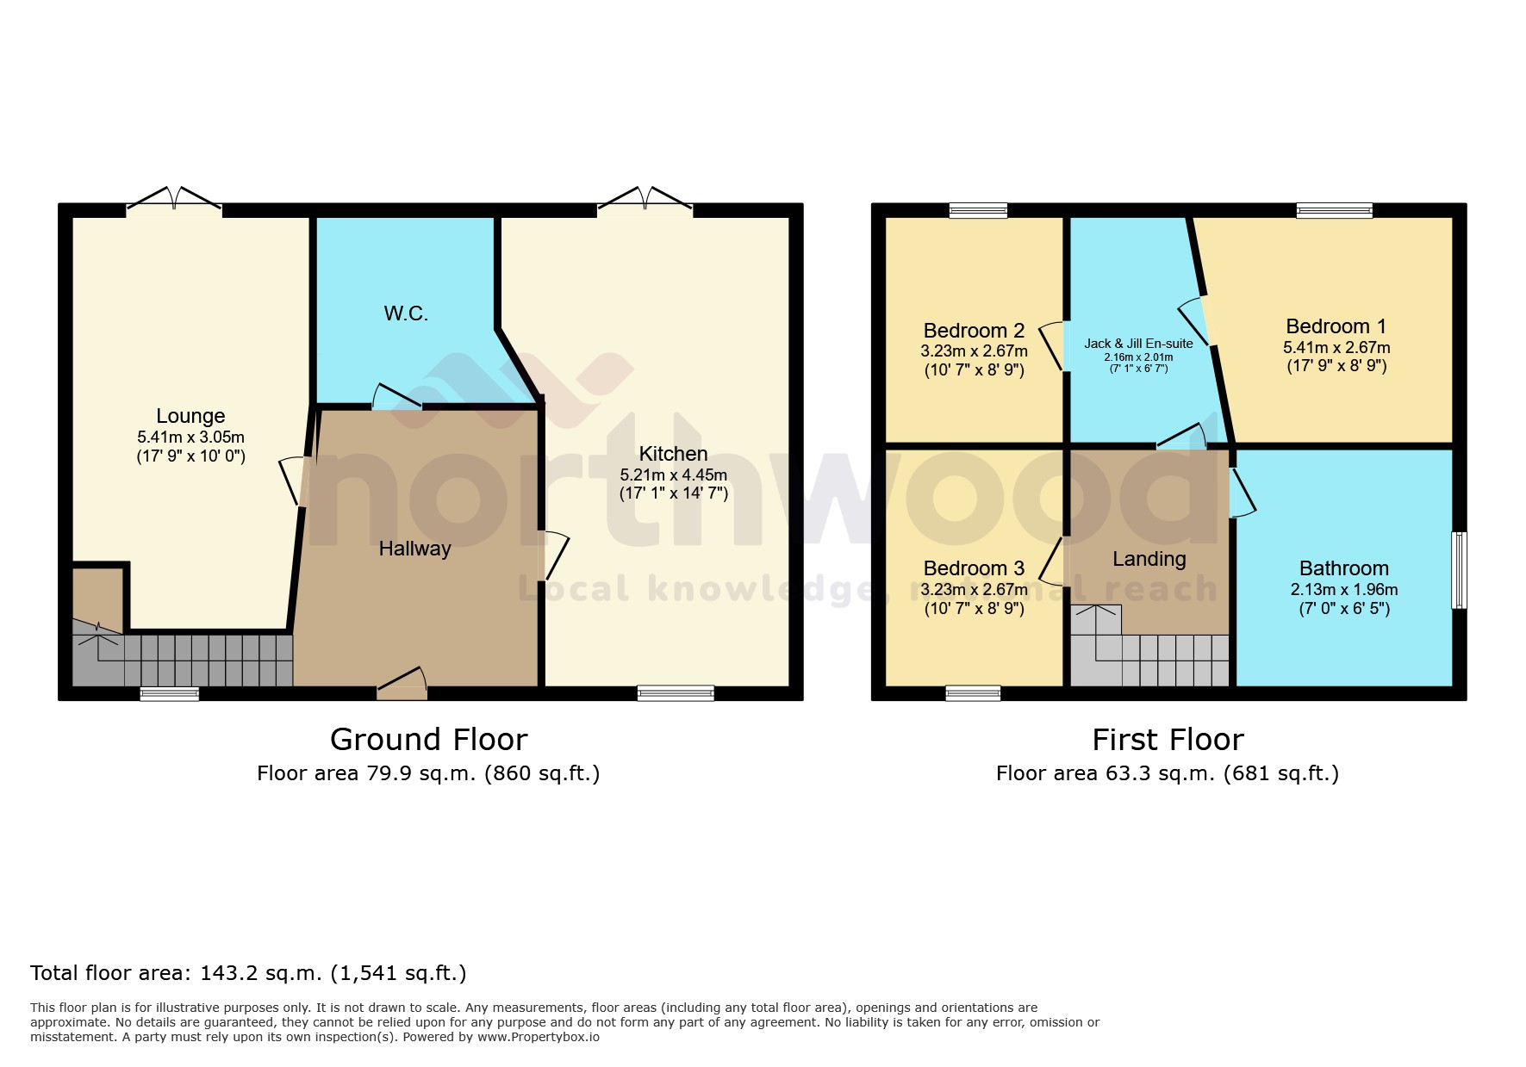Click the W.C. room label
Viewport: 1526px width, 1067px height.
click(406, 313)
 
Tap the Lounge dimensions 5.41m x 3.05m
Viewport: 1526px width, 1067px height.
click(190, 437)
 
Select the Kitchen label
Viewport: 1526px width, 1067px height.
click(673, 454)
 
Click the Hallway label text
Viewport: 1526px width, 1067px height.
click(414, 549)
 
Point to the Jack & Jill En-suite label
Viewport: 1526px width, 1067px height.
click(1138, 343)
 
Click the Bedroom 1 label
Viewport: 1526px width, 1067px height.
click(1336, 326)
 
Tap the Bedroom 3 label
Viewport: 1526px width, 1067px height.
click(974, 568)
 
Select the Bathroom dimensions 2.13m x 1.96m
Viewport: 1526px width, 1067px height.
click(1343, 590)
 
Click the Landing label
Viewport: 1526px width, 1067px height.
click(1149, 559)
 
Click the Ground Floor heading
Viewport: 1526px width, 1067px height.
click(428, 740)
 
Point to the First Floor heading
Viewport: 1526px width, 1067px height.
click(1168, 740)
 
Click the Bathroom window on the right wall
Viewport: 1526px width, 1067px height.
click(1459, 570)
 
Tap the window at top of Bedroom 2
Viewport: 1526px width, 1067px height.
click(978, 210)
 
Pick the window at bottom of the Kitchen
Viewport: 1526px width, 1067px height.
click(676, 692)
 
